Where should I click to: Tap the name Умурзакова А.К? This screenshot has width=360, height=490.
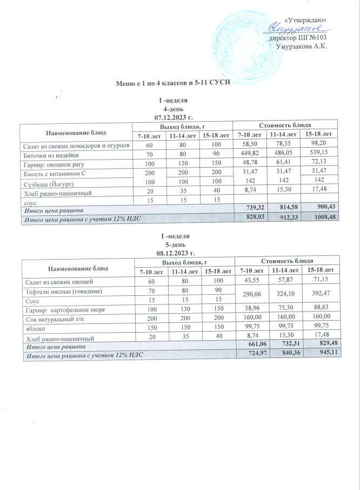(x=302, y=47)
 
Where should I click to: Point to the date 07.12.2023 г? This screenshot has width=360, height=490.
(x=174, y=117)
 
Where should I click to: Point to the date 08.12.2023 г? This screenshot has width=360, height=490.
(x=174, y=253)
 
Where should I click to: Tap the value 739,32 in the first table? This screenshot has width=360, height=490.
(x=252, y=209)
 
